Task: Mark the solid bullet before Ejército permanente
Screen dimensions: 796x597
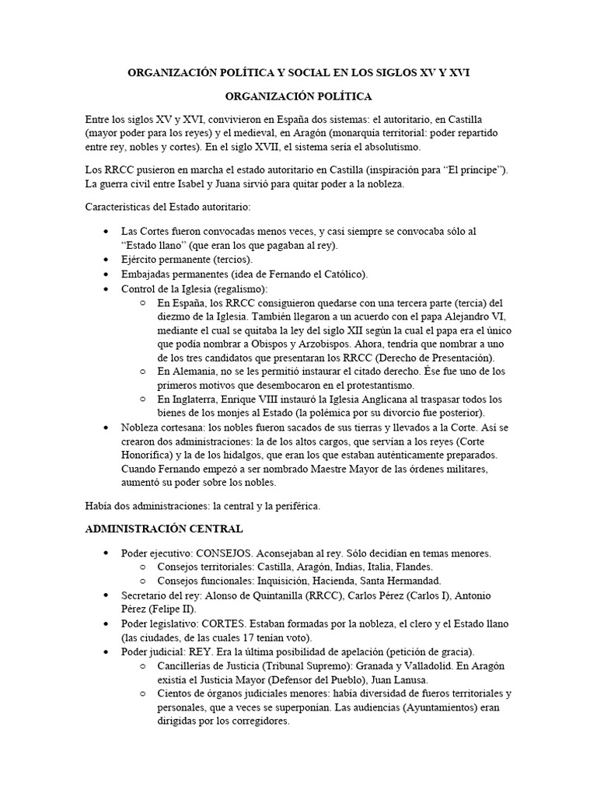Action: (106, 259)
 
